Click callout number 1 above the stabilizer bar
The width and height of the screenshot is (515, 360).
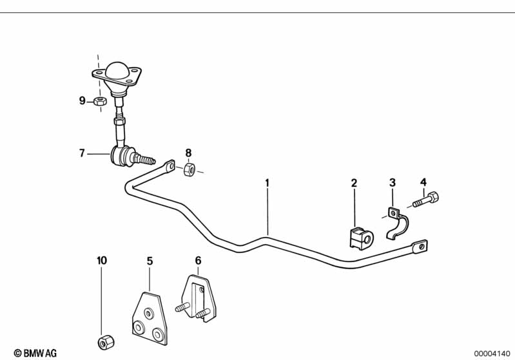[267, 184]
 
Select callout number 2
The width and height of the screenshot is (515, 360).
[354, 184]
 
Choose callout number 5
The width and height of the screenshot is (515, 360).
[150, 261]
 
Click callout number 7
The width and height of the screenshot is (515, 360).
[82, 153]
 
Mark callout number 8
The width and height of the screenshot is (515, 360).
[188, 153]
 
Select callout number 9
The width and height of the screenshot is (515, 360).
[82, 100]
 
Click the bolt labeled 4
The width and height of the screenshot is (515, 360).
[425, 200]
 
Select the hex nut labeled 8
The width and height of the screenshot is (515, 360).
[189, 169]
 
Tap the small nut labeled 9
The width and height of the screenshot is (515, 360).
[99, 101]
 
